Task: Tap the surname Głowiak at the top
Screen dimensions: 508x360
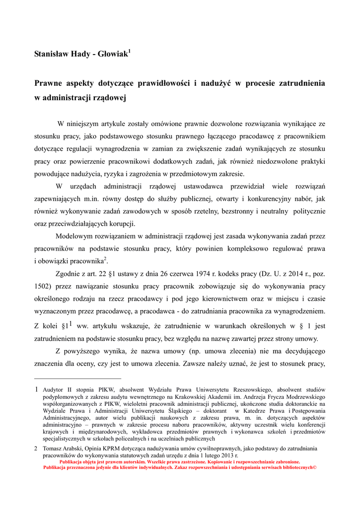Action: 112,53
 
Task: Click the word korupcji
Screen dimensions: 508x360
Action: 121,223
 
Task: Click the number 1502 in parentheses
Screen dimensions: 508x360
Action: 42,286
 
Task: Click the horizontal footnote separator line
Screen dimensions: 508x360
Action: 77,379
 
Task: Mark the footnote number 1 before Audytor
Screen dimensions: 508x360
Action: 36,390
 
